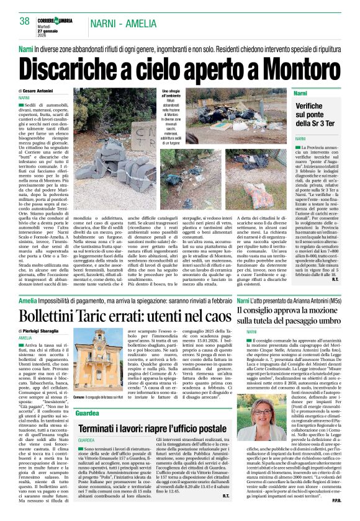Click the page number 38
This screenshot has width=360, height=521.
tap(25, 22)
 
